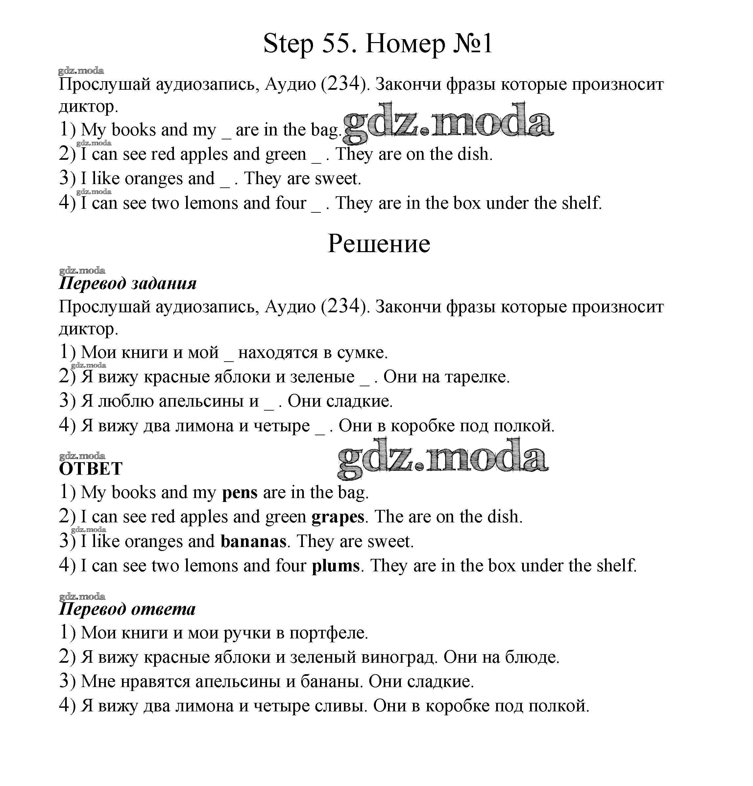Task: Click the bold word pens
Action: (x=239, y=493)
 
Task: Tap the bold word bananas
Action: (x=253, y=542)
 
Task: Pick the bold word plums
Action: (x=336, y=566)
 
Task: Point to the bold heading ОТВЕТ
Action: (x=91, y=469)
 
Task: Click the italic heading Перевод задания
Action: (x=128, y=283)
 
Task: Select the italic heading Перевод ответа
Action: (x=127, y=609)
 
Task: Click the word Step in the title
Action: (x=288, y=44)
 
